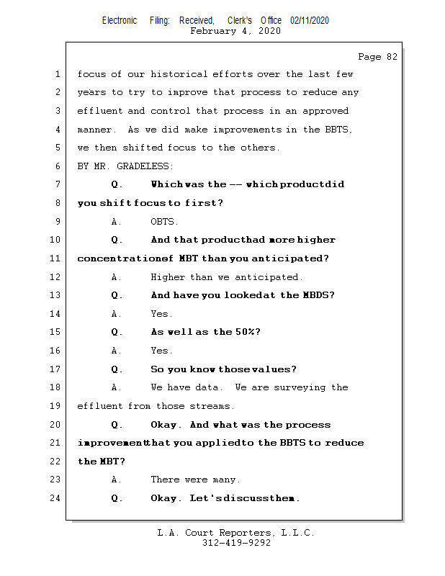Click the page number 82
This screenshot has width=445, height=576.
pos(392,57)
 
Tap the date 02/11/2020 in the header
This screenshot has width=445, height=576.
pos(310,20)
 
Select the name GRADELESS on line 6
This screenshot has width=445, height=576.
pos(143,166)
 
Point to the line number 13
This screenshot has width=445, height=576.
pos(55,295)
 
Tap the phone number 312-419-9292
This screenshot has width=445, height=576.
pos(236,543)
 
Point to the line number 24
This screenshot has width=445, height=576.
pos(55,498)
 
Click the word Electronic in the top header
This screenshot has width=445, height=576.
pos(120,20)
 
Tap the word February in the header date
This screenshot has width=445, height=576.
pos(213,31)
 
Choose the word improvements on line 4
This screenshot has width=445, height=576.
pos(247,130)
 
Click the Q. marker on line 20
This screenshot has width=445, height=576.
pos(117,425)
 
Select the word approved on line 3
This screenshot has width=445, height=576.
pos(325,111)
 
